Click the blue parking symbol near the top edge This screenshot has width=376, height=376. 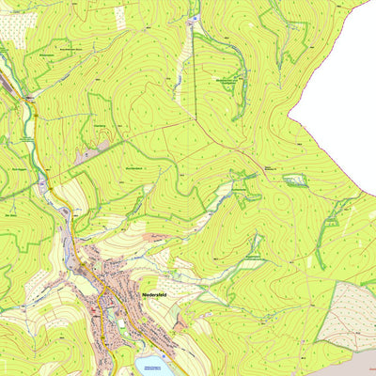point(195,18)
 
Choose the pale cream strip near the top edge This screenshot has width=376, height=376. point(119,16)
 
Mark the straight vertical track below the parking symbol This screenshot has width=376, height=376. point(194,56)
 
